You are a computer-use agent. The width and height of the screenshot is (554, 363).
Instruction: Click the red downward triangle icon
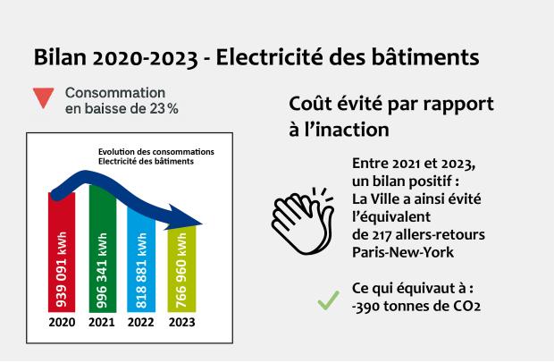44,97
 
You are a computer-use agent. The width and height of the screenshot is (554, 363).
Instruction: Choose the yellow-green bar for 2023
181,269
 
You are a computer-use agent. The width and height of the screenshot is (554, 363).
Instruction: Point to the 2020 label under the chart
62,323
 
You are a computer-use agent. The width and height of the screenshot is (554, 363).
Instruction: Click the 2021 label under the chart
102,323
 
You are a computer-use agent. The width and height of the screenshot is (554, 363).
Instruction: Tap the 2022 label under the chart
141,323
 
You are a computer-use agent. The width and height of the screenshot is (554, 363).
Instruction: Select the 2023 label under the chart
182,323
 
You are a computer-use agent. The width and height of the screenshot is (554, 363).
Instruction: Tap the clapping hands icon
302,221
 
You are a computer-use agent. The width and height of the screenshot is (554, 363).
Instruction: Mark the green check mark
329,300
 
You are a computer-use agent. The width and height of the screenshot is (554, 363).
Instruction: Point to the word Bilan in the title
60,57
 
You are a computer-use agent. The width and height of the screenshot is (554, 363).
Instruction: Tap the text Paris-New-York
403,252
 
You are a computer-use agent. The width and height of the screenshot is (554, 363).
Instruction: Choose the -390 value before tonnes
365,307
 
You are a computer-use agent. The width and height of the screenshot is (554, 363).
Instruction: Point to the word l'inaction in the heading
340,130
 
